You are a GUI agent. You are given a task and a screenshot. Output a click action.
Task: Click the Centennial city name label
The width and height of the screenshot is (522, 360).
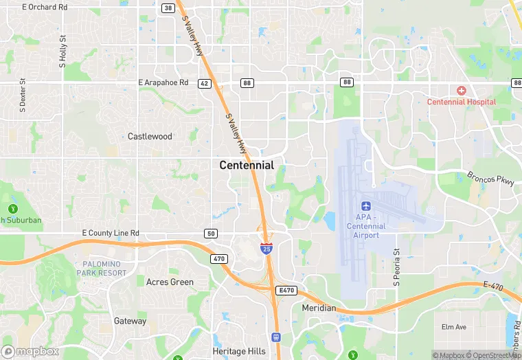(247, 166)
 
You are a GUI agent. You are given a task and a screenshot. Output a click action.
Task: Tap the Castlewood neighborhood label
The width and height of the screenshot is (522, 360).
(150, 137)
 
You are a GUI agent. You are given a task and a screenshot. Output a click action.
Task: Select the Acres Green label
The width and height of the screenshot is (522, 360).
(170, 282)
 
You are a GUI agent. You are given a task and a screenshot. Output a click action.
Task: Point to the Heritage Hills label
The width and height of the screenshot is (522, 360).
(239, 351)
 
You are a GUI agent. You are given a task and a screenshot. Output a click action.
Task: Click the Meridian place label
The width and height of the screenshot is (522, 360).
(319, 308)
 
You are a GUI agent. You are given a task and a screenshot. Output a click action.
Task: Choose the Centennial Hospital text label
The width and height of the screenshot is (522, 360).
(462, 102)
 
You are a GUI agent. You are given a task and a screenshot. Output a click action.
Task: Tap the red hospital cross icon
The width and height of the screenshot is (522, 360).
(461, 91)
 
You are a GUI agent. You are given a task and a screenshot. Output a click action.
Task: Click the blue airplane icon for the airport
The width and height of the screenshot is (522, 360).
(365, 206)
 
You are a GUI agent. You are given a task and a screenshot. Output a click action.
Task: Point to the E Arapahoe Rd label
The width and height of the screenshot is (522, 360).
(163, 82)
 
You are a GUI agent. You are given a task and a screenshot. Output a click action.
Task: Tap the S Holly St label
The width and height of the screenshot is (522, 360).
(63, 52)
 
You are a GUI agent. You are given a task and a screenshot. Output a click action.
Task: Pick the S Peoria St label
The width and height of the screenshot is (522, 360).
(396, 267)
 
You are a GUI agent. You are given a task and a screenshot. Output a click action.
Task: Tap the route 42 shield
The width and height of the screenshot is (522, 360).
(204, 83)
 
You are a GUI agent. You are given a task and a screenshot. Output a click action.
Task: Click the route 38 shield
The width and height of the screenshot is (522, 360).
(168, 8)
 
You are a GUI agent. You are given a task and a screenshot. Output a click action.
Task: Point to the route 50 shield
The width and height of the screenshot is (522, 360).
(212, 234)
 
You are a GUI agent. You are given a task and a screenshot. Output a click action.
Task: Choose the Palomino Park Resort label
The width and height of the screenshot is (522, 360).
(104, 269)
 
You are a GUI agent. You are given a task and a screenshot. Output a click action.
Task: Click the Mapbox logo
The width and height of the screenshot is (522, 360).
(30, 351)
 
